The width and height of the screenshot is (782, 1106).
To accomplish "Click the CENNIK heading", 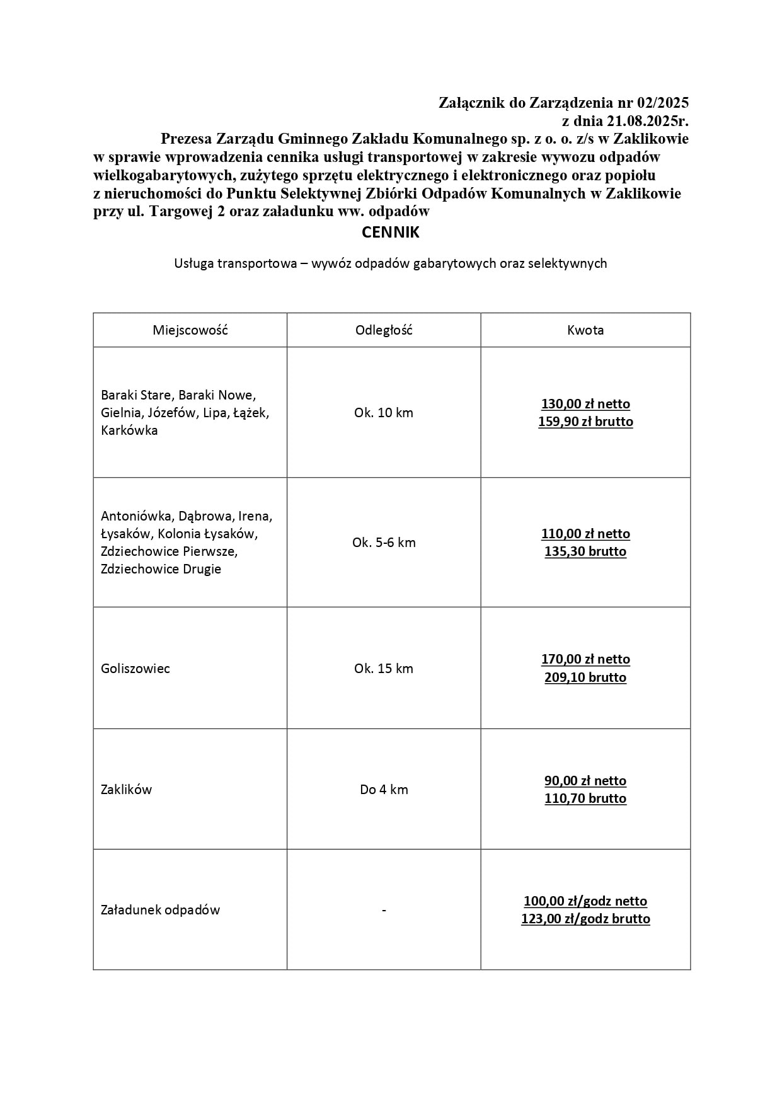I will pos(390,233).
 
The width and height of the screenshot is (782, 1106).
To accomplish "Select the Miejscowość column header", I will pos(190,330).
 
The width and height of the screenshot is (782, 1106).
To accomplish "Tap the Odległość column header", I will pos(384,330).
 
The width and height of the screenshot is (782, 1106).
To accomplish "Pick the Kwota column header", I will pos(585,330).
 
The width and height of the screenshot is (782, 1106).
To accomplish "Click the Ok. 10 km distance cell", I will pos(384,413).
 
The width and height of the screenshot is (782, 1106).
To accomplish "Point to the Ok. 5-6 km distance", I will pos(384,543).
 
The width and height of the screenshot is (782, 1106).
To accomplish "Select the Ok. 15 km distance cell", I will pos(384,669).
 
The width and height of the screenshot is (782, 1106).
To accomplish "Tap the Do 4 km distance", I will pos(384,790).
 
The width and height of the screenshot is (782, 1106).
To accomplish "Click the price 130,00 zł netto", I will pos(585,404).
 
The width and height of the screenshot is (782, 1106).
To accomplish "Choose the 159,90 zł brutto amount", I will pos(585,422).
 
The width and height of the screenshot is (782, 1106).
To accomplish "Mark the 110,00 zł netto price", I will pos(585,534).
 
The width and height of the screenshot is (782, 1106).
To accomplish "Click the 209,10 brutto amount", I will pos(585,677).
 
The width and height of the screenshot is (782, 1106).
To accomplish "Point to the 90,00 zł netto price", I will pos(585,781).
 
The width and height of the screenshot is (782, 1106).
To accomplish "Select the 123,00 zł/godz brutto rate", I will pos(585,919).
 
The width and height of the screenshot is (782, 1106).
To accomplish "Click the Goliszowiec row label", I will pos(135,669).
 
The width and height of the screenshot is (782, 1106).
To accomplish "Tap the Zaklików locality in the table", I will pos(127,790).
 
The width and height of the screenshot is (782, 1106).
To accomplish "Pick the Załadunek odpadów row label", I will pos(161,910).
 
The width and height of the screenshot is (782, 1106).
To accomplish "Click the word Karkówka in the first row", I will pos(129,430).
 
